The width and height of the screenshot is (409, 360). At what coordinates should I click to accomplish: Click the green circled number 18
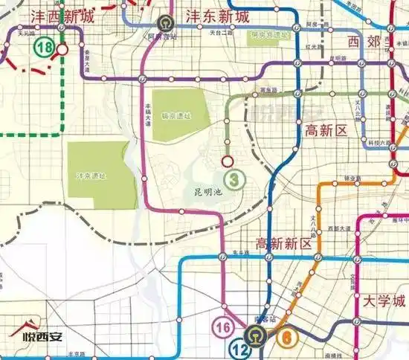tap(43, 47)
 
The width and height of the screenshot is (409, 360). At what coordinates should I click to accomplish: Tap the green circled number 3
tap(235, 179)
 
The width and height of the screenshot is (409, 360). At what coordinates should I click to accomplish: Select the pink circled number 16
tap(223, 326)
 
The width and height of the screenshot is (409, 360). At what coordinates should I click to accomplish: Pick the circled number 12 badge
tap(239, 347)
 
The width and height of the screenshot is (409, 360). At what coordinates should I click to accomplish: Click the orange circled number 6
tap(286, 335)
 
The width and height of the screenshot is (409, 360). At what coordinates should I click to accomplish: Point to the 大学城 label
tap(384, 300)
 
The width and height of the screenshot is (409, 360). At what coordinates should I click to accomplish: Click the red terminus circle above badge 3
tap(228, 161)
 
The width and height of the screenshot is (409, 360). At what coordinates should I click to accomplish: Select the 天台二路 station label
tap(220, 33)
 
